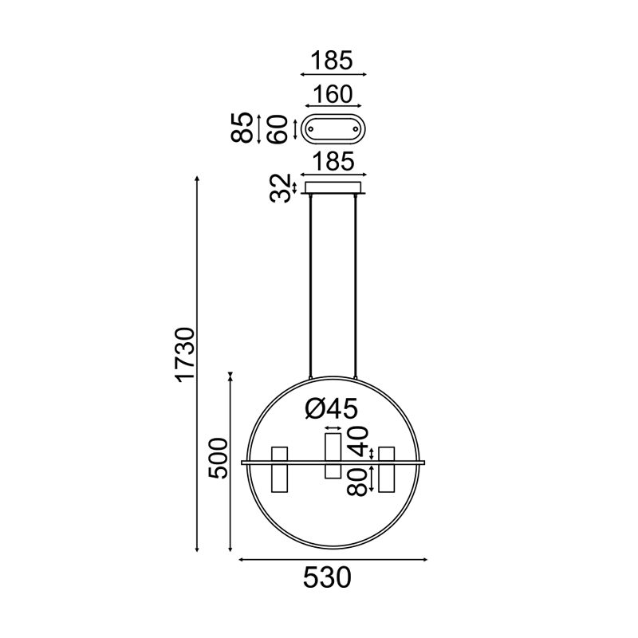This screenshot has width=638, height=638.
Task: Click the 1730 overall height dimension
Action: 184,354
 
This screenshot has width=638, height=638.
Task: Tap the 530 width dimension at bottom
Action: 327,577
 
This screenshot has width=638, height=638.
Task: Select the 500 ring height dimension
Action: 218,458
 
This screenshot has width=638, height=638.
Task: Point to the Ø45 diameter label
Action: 332,409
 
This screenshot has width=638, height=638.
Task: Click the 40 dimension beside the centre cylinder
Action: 359,439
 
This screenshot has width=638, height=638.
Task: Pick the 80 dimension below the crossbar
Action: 359,482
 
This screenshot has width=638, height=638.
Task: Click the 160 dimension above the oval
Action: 332,94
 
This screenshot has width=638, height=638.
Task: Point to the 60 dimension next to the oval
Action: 278,128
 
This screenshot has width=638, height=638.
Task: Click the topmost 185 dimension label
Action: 332,60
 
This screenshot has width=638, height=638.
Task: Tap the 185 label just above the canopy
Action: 332,162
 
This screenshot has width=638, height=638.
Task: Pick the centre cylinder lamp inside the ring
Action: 333,455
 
